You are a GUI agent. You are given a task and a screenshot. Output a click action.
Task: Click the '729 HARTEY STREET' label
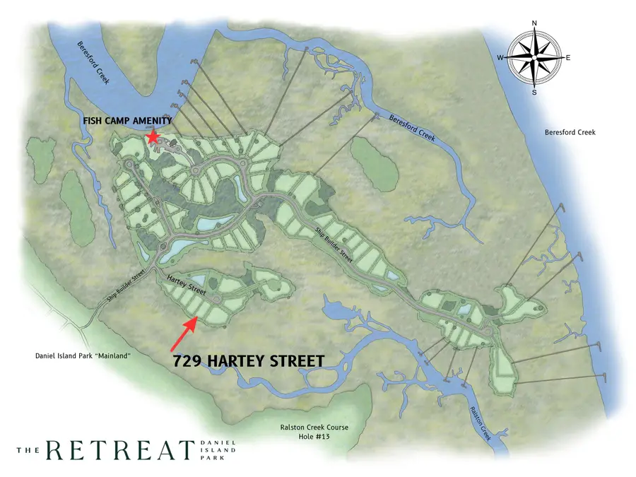pyautogui.click(x=249, y=361)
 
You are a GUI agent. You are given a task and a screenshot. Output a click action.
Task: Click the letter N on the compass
pyautogui.click(x=534, y=23)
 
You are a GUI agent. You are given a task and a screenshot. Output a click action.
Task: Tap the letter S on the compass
pyautogui.click(x=534, y=92)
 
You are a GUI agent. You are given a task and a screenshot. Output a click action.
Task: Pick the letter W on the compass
pyautogui.click(x=500, y=58)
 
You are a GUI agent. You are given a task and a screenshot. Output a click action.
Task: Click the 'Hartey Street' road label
pyautogui.click(x=186, y=286)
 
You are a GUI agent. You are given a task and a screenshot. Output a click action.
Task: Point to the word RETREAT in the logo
pyautogui.click(x=120, y=449)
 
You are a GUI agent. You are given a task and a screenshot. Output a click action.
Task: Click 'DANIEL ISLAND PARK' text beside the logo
pyautogui.click(x=220, y=449)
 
